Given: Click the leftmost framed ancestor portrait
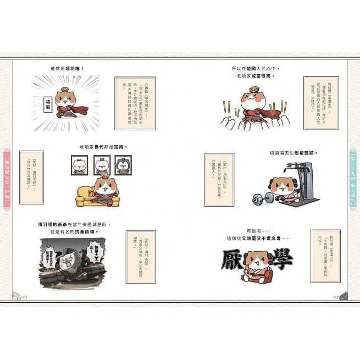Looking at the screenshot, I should (77, 165).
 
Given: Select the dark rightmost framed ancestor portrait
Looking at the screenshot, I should (123, 165).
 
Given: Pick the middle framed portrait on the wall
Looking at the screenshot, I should (100, 165).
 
